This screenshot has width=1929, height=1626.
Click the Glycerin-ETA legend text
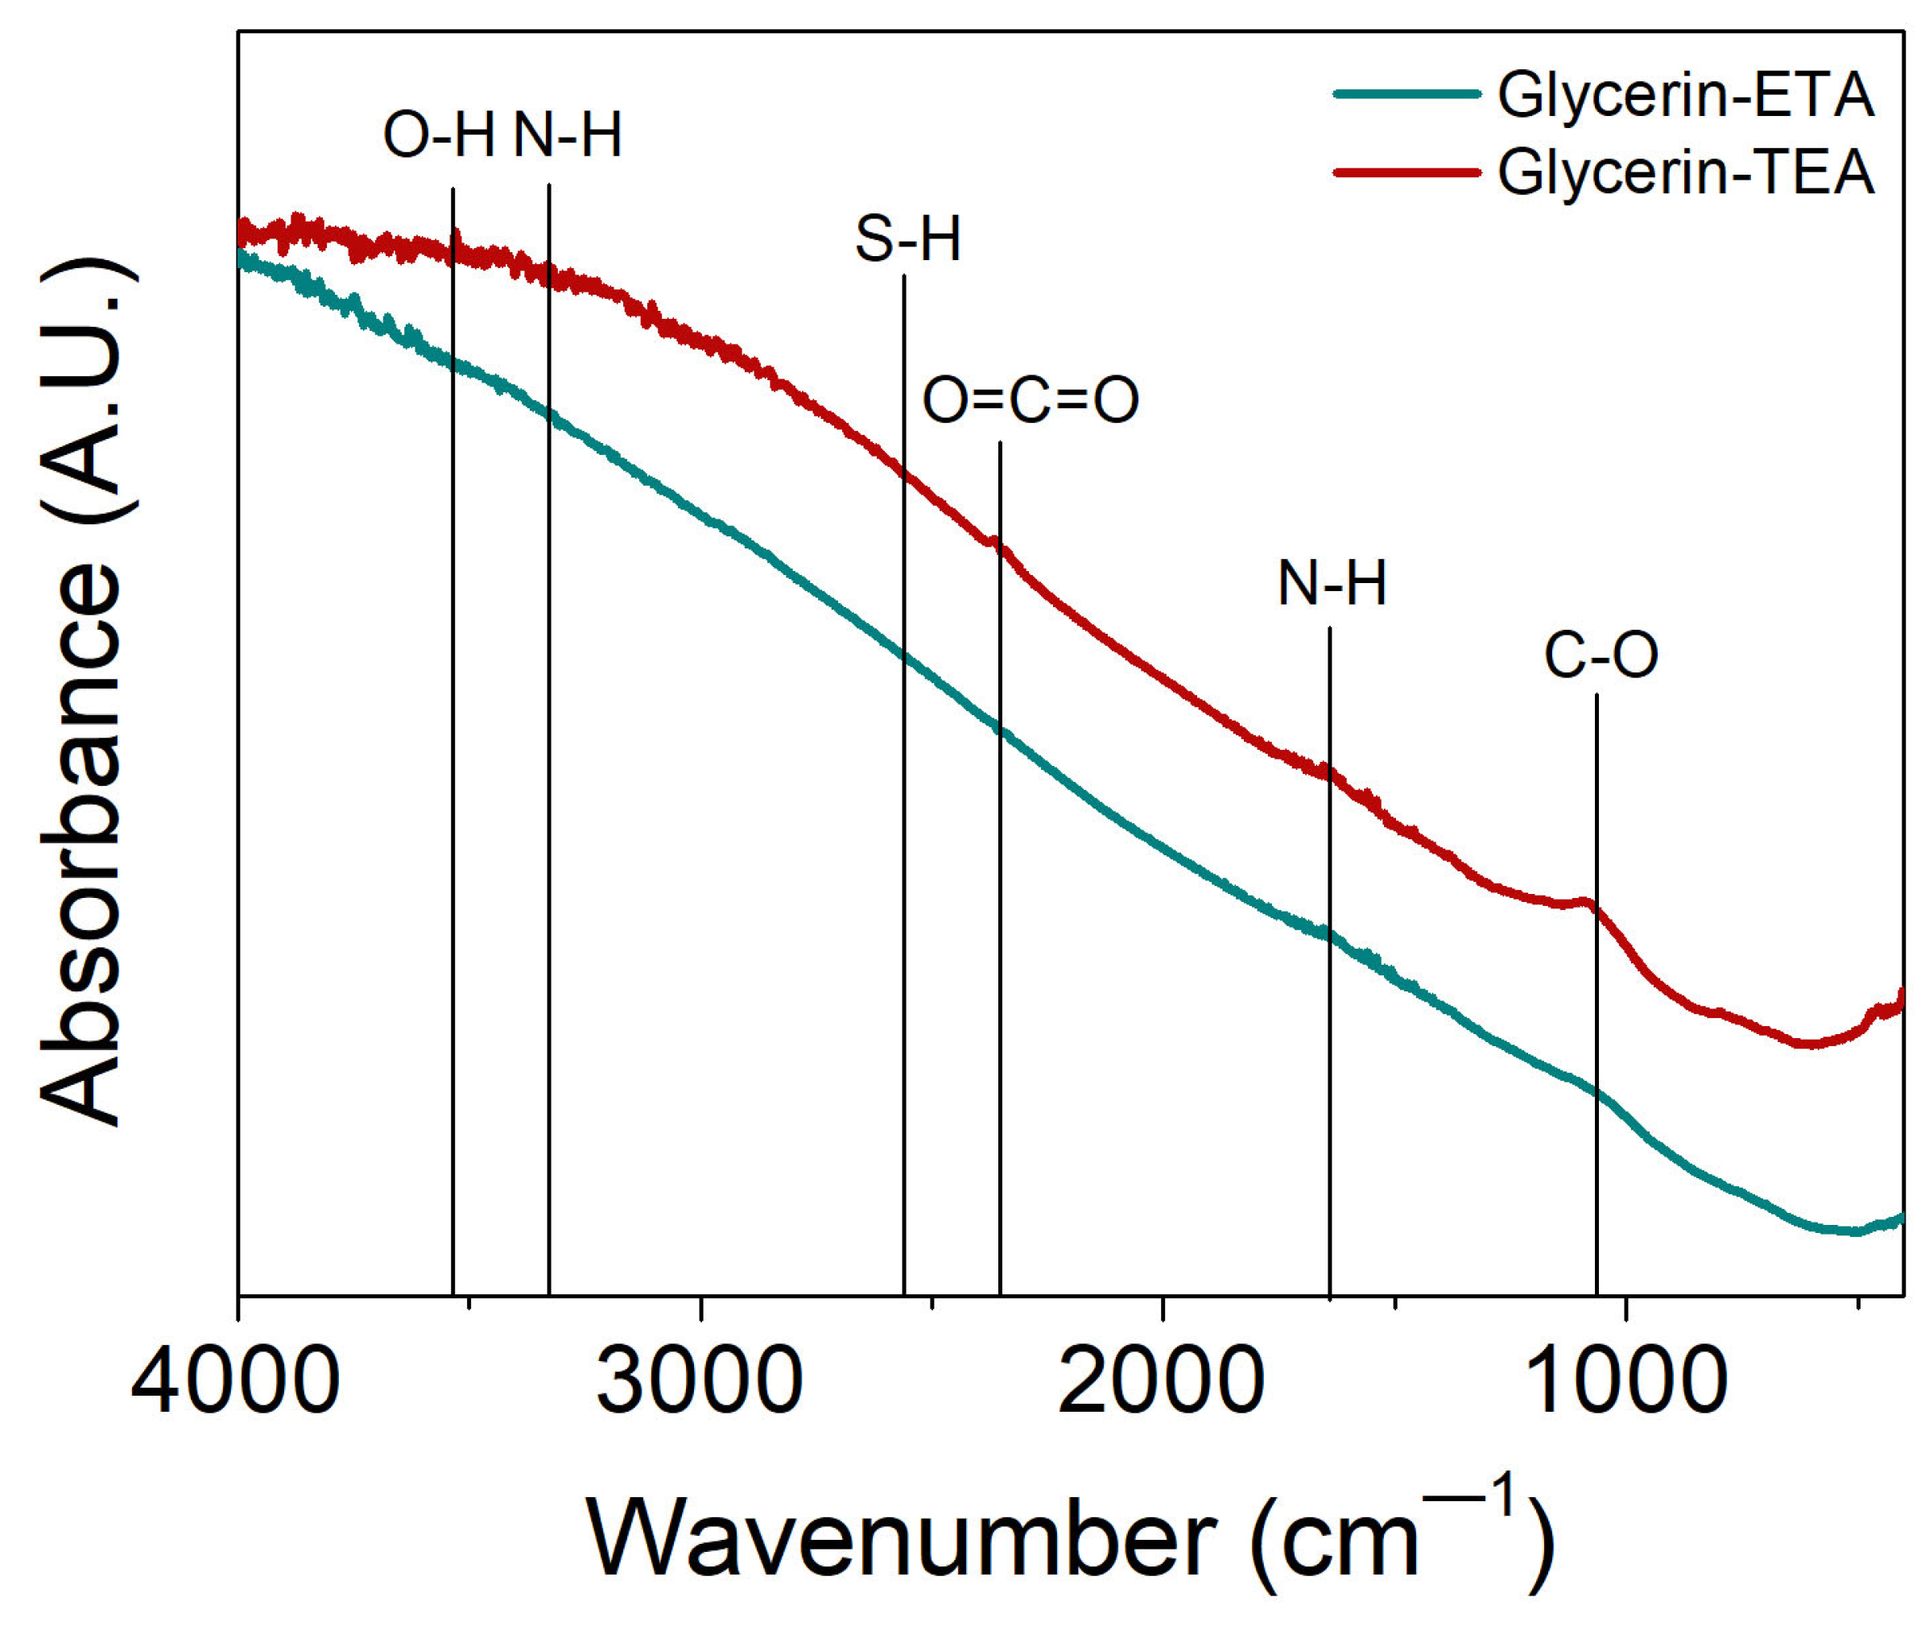pos(1686,95)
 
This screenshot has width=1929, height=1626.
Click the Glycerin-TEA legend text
pos(1686,172)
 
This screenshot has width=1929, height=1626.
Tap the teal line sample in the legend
pos(1407,93)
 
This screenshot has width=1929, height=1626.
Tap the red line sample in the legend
pos(1407,172)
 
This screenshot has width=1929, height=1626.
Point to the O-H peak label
pos(439,135)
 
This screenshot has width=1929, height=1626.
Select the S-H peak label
pos(908,240)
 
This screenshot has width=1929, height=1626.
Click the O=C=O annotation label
pos(1031,401)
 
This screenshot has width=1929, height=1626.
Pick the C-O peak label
pos(1601,656)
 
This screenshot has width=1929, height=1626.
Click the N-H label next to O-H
pos(567,135)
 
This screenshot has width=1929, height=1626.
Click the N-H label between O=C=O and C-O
pos(1332,584)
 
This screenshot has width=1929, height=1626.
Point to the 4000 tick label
pos(236,1382)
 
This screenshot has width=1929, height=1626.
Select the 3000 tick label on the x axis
pos(700,1382)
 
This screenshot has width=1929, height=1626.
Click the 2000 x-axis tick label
pos(1161,1382)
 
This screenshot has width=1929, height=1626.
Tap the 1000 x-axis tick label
pos(1624,1382)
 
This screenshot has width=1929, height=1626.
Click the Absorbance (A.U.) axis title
pos(81,691)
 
